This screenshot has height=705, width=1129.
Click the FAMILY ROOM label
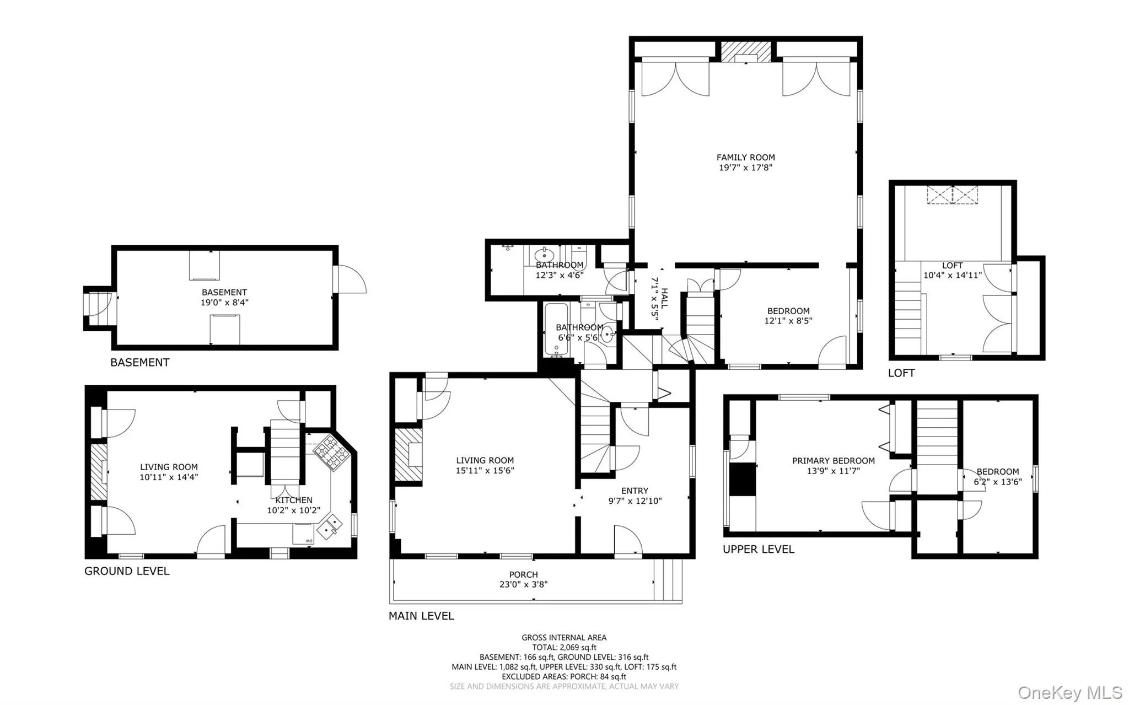pyautogui.click(x=745, y=158)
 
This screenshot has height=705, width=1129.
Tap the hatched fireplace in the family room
pyautogui.click(x=746, y=51)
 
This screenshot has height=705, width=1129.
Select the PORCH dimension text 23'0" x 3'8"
pyautogui.click(x=523, y=585)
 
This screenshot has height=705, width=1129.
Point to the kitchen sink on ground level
pyautogui.click(x=332, y=525)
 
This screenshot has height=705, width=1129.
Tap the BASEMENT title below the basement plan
pyautogui.click(x=139, y=363)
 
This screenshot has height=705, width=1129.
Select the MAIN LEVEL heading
pyautogui.click(x=421, y=616)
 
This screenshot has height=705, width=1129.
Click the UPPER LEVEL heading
pyautogui.click(x=759, y=550)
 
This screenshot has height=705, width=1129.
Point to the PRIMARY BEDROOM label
pyautogui.click(x=833, y=461)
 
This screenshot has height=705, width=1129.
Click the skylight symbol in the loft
pyautogui.click(x=952, y=195)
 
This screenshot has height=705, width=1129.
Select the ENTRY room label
pyautogui.click(x=635, y=491)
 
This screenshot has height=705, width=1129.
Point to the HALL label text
pyautogui.click(x=665, y=298)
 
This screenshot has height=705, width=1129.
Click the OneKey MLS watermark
pyautogui.click(x=1069, y=692)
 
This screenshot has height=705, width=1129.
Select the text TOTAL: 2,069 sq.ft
pyautogui.click(x=564, y=648)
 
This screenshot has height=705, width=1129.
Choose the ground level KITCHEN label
pyautogui.click(x=294, y=500)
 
